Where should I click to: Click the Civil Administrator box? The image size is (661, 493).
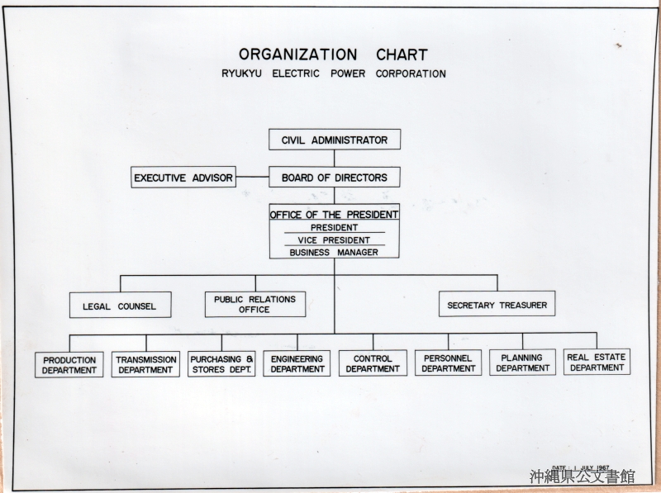tap(335, 140)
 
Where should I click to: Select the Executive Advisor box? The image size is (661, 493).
tap(183, 177)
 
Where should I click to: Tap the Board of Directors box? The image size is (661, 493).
tap(335, 178)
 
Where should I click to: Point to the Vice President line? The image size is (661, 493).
tap(334, 240)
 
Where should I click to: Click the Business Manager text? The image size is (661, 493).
tap(334, 253)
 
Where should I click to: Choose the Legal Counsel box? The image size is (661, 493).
tap(121, 305)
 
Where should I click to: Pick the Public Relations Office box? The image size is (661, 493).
tap(255, 304)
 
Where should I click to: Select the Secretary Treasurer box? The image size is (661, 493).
tap(497, 304)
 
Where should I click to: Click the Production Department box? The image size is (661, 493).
tap(69, 365)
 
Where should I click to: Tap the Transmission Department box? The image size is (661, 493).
tap(145, 364)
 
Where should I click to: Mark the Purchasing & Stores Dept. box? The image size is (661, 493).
tap(221, 364)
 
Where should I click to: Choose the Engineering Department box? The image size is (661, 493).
tap(297, 363)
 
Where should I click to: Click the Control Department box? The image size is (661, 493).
tap(373, 363)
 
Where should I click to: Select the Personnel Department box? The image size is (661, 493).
tap(448, 363)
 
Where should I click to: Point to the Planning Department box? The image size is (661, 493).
tap(523, 363)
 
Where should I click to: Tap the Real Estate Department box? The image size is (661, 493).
tap(597, 362)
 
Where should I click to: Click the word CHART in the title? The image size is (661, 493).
tap(402, 55)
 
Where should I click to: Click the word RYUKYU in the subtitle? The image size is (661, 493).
tap(241, 73)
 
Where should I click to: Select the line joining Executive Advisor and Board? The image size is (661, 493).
tap(253, 177)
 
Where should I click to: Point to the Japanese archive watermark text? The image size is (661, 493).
tap(583, 476)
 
